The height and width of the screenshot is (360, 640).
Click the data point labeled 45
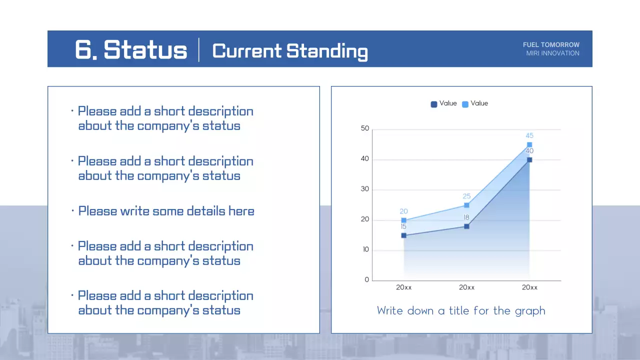[529, 145]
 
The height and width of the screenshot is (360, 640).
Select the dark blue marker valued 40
[529, 160]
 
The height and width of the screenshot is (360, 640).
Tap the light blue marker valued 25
[466, 205]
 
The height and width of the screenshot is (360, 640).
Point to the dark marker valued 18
[466, 226]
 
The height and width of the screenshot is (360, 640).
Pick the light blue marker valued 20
[403, 220]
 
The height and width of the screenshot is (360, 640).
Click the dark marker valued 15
[403, 235]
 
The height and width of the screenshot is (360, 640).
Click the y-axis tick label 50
[365, 128]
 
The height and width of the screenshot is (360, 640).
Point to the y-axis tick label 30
[365, 189]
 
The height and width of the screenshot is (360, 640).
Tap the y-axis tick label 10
[365, 249]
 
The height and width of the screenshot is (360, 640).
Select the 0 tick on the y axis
[367, 280]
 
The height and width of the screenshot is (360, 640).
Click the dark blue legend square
[434, 104]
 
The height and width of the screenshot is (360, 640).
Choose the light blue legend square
[465, 104]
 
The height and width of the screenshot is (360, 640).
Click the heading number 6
[85, 50]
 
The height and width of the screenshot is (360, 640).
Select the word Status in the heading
[145, 50]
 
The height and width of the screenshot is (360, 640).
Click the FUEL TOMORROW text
[551, 45]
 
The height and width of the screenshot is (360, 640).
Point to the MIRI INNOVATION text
[552, 53]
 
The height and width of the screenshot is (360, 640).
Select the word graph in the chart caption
[530, 311]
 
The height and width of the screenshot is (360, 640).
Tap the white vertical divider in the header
[199, 50]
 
